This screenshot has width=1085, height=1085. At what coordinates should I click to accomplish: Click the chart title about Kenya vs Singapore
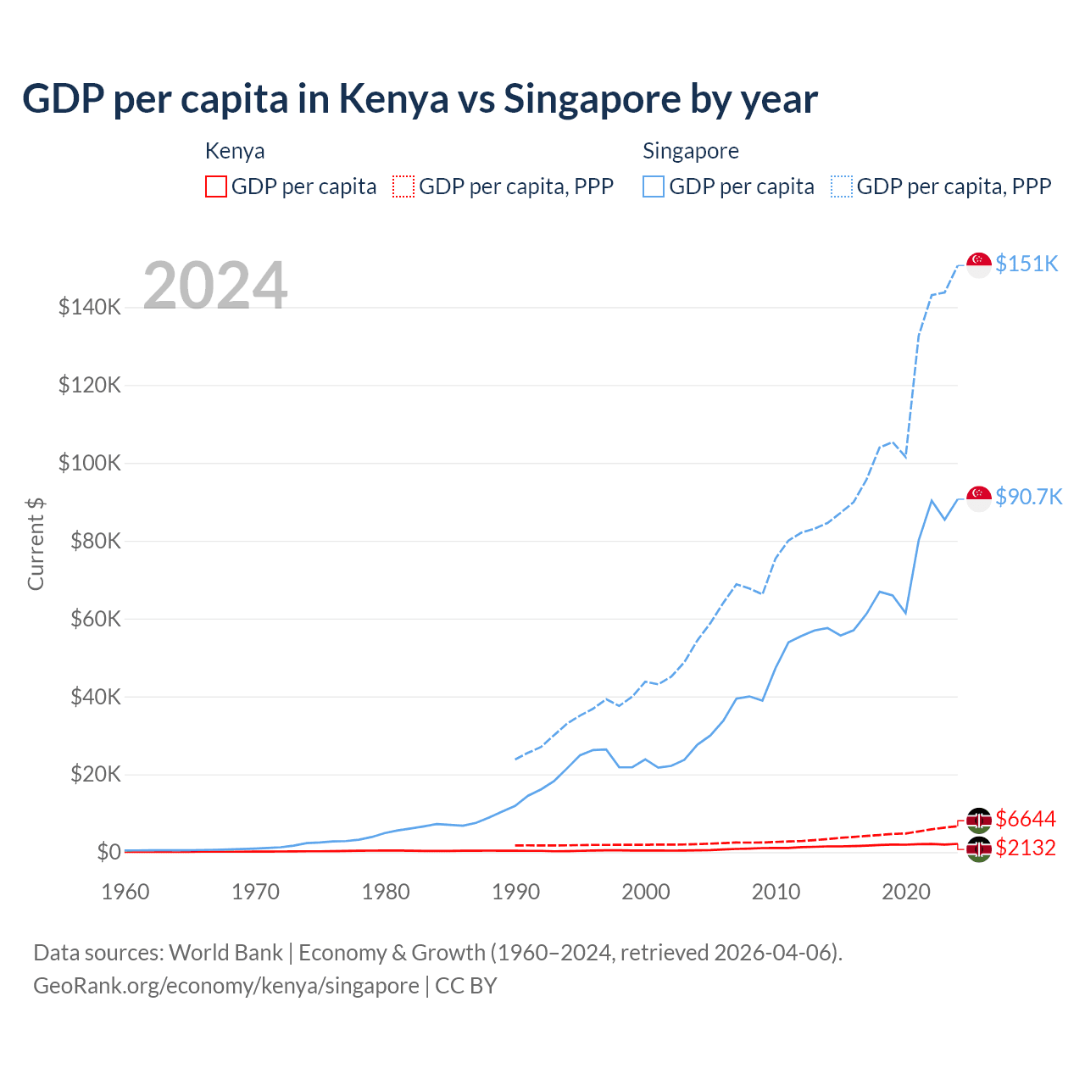420,99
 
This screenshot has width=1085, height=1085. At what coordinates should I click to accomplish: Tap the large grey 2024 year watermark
215,286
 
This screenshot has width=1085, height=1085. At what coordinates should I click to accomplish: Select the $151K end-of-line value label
1027,264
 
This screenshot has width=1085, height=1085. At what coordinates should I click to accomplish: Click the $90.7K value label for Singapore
1028,497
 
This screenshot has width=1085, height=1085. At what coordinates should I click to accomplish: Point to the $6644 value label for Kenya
1026,819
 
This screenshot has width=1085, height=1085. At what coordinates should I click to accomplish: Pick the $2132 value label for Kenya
1026,848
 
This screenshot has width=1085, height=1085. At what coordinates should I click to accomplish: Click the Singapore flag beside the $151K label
979,264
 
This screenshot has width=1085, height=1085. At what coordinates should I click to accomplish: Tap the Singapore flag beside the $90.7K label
979,498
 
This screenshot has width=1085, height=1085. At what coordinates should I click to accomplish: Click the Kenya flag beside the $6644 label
979,820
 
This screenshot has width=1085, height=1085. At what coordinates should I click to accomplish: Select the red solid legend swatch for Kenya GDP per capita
216,186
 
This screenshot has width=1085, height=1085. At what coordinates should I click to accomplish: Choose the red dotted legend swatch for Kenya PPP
403,186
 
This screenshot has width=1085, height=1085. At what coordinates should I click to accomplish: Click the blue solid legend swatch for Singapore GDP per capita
654,186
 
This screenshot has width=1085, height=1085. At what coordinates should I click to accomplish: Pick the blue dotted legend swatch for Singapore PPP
842,186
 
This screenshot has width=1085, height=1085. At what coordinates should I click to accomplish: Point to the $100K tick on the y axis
90,464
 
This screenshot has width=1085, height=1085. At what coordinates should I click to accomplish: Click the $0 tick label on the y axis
108,852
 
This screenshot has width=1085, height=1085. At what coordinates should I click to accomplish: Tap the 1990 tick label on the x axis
515,892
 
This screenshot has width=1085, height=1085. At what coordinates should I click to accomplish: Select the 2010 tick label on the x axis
776,892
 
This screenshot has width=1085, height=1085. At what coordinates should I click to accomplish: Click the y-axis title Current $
36,543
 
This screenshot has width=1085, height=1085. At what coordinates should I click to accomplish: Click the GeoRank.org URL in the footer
226,986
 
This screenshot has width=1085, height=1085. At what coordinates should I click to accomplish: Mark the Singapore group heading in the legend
691,151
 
